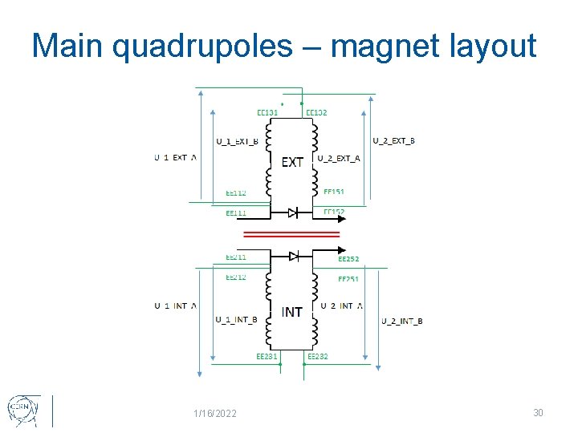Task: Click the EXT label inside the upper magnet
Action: pos(292,162)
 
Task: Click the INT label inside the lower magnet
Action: pos(292,311)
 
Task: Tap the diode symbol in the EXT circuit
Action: pos(294,212)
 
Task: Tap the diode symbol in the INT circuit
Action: pos(294,256)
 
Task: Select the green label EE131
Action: pos(267,113)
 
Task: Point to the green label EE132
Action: pos(316,113)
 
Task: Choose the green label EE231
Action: pos(267,356)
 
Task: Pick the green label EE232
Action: pos(318,356)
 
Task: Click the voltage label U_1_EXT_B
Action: pos(237,142)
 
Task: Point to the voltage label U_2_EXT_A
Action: pos(339,158)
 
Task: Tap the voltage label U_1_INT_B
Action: pos(236,320)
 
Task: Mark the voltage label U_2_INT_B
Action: pos(401,322)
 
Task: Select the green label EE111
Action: pos(236,212)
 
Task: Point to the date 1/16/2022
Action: pos(215,414)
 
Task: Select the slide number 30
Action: pos(538,412)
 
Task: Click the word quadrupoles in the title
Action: pos(203,47)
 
